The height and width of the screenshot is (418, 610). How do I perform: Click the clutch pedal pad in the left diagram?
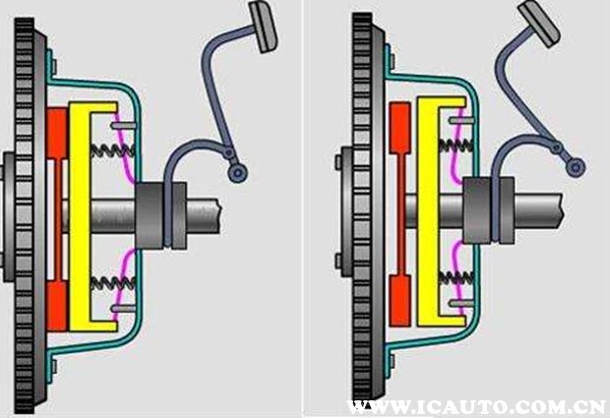[x=264, y=27]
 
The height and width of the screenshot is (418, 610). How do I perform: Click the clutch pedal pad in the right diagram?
[x=539, y=24]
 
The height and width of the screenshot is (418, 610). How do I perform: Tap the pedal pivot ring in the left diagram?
[x=238, y=173]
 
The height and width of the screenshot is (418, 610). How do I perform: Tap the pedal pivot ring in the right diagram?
[x=576, y=167]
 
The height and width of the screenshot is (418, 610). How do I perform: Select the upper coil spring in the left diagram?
[x=113, y=150]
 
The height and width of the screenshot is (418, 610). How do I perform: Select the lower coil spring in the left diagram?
[x=113, y=282]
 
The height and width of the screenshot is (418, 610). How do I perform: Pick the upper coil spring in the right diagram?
[x=456, y=146]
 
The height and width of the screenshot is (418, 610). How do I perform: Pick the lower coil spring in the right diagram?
[x=456, y=277]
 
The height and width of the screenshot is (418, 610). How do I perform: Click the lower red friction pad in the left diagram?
[x=57, y=307]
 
